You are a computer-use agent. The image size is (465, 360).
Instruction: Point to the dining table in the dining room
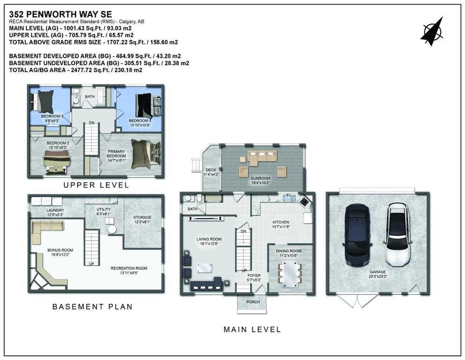[x=290, y=275]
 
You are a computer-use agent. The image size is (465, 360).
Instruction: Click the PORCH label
[x=253, y=302]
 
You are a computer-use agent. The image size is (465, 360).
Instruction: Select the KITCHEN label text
[x=280, y=222]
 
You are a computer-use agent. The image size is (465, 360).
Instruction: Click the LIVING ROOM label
[x=209, y=239]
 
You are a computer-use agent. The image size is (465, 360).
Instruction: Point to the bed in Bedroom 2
[x=57, y=161]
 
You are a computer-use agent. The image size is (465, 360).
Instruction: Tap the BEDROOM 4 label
[x=140, y=121]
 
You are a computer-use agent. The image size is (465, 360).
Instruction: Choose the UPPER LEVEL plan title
[x=96, y=185]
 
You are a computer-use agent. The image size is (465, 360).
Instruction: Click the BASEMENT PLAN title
[x=92, y=307]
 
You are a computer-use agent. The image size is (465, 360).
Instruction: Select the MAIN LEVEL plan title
[x=252, y=330]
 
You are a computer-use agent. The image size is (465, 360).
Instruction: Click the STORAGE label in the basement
[x=142, y=217]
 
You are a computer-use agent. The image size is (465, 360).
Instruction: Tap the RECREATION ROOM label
[x=129, y=268]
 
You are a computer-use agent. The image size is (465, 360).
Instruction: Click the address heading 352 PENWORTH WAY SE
[x=60, y=14]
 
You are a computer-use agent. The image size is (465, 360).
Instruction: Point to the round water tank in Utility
[x=112, y=229]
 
